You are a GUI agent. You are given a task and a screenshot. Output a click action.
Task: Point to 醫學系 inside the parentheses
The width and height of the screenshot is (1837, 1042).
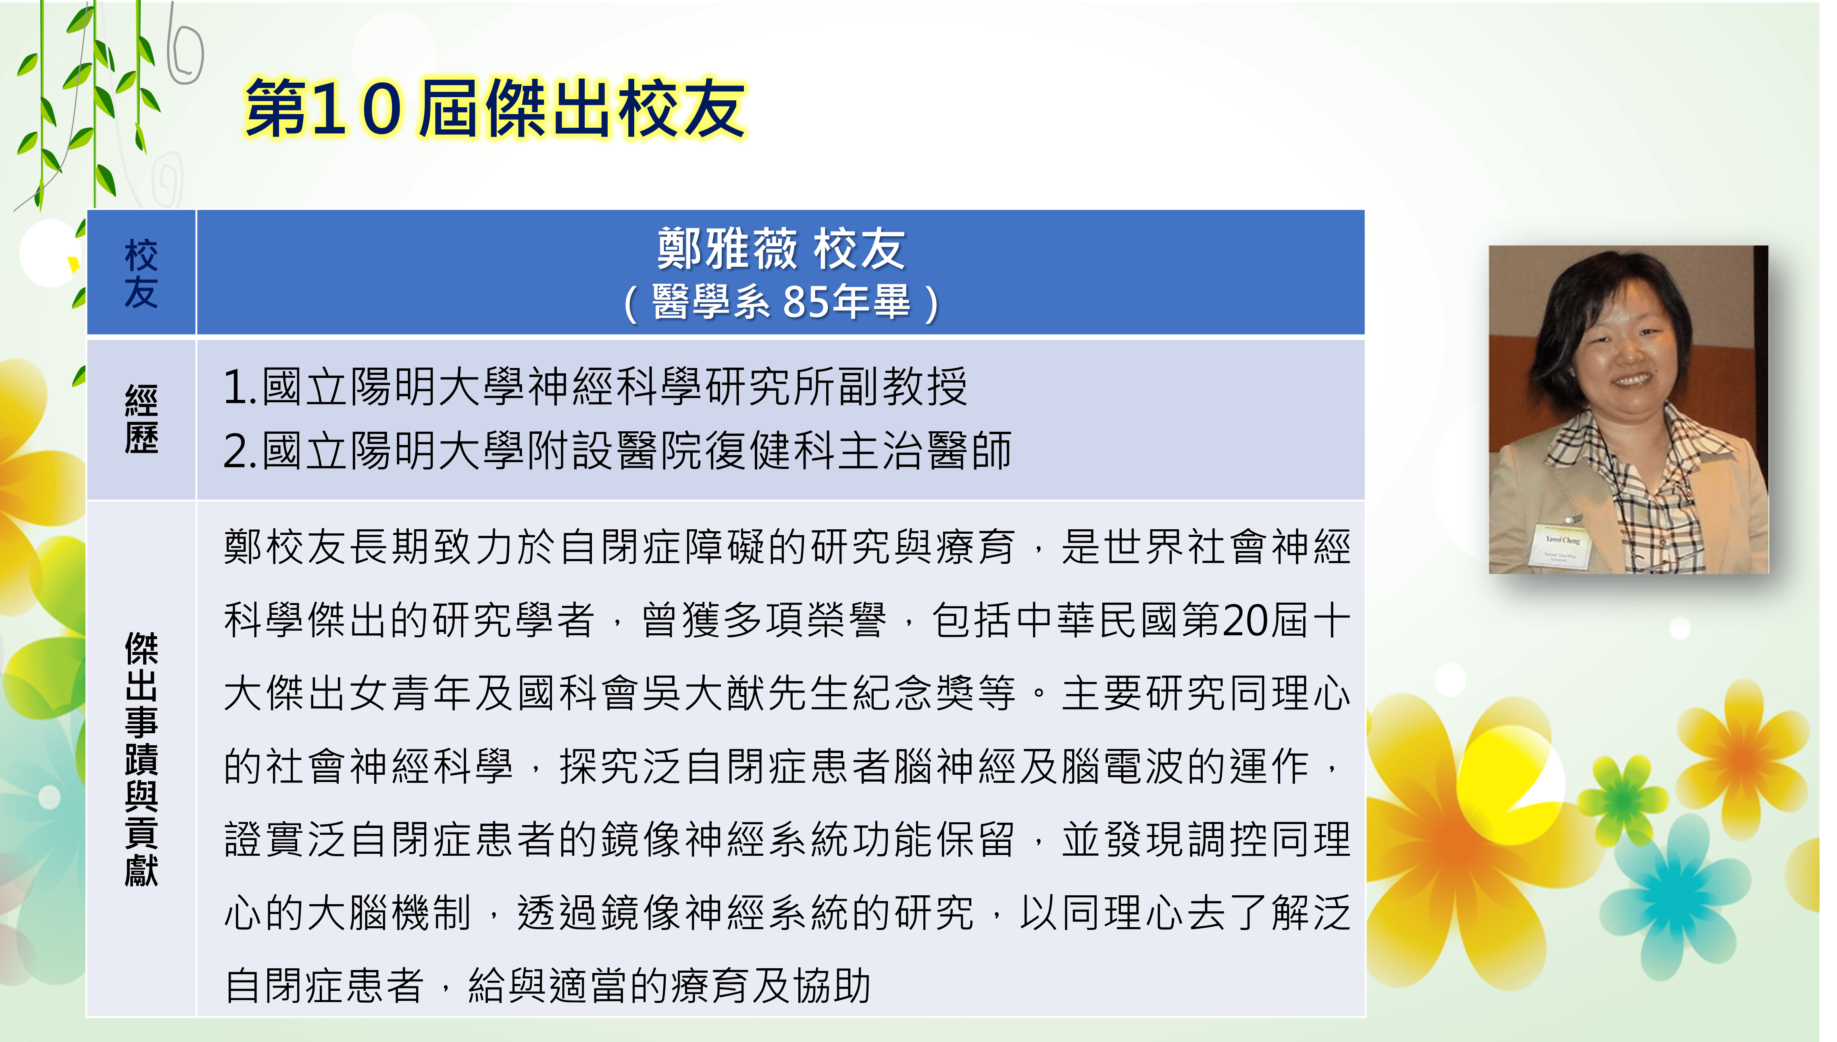coord(710,301)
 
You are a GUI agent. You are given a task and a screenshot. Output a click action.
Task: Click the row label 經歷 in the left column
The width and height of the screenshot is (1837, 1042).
coord(141,419)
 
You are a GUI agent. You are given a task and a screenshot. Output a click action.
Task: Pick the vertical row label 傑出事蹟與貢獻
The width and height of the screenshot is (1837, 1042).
coord(141,759)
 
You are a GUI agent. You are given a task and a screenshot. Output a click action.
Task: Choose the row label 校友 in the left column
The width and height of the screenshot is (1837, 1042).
coord(141,273)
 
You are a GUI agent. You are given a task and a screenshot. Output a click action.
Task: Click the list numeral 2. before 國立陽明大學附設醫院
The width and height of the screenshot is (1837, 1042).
coord(240,451)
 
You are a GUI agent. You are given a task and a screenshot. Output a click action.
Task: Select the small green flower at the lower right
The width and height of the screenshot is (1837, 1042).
coord(1623,790)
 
